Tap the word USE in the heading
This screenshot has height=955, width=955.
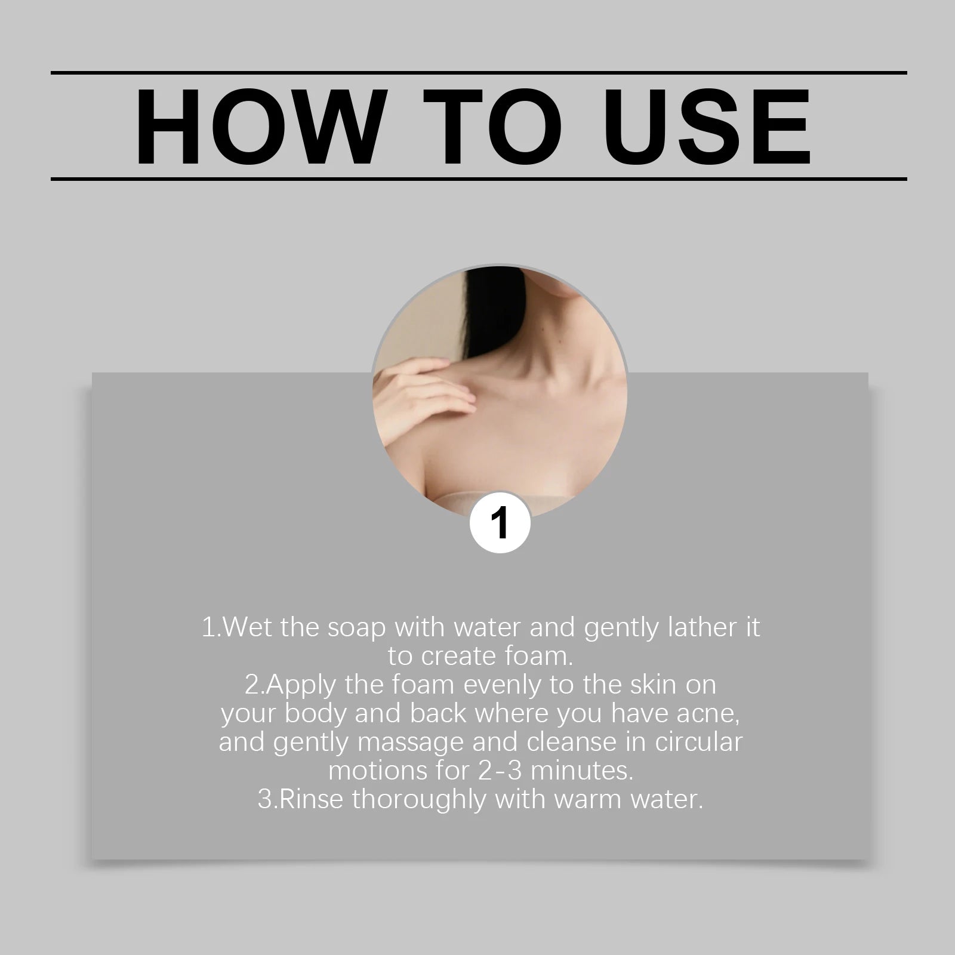(x=711, y=127)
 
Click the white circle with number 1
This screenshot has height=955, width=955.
(x=500, y=523)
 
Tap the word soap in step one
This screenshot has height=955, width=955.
(x=356, y=628)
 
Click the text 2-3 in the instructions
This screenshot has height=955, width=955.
(x=500, y=771)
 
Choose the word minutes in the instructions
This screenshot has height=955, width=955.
(x=581, y=771)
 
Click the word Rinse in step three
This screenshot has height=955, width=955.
(x=311, y=799)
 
